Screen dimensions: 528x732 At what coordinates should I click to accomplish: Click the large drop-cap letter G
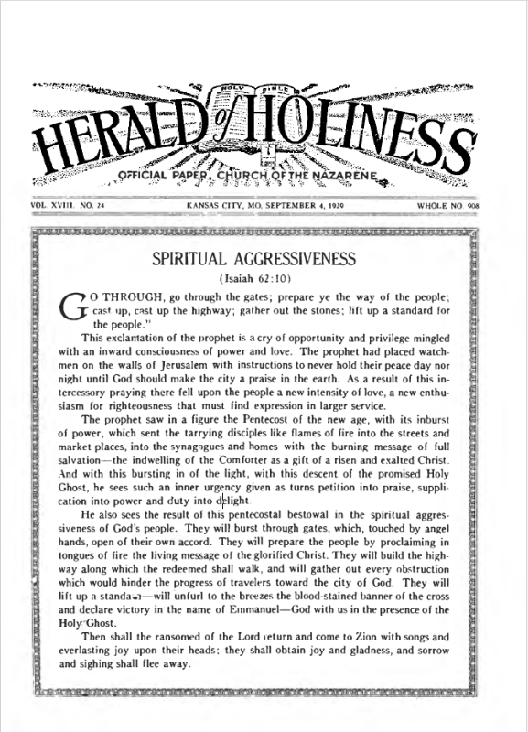click(x=71, y=307)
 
